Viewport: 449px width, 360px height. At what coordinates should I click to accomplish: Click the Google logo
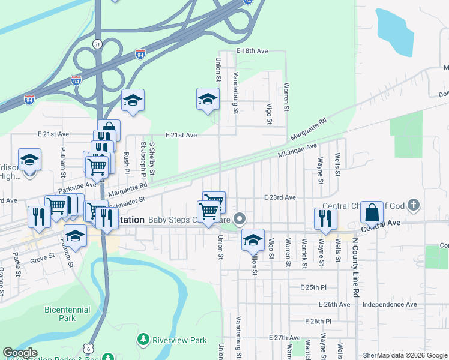[x=20, y=353]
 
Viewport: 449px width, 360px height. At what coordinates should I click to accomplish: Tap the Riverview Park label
[x=180, y=340]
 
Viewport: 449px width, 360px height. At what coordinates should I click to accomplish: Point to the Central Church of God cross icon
[x=413, y=206]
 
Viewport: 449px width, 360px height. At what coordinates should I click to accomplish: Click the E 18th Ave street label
[x=252, y=51]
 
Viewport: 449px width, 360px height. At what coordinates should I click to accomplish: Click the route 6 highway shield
[x=88, y=348]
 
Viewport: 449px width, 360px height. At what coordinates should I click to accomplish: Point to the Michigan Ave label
[x=297, y=151]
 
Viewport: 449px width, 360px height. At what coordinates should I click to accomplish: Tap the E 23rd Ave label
[x=280, y=197]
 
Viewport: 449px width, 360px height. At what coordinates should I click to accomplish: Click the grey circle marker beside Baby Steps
[x=240, y=218]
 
